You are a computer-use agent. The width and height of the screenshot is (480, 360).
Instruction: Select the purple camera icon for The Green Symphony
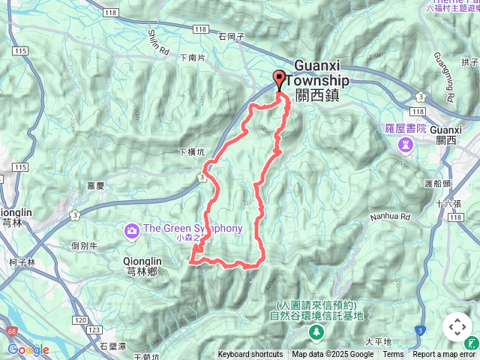132,229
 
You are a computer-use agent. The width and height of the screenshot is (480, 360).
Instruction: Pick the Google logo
28,349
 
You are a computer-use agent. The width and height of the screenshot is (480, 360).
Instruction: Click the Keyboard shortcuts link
250,355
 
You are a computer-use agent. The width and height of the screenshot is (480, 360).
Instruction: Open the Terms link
393,355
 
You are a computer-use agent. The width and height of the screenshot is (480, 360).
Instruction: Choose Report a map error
445,355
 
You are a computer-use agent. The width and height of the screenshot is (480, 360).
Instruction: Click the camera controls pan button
457,327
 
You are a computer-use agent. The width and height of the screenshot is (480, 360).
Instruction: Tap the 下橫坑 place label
190,152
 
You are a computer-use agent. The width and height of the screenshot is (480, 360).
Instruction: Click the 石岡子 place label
232,35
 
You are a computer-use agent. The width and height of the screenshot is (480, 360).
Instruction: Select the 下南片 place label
193,57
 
